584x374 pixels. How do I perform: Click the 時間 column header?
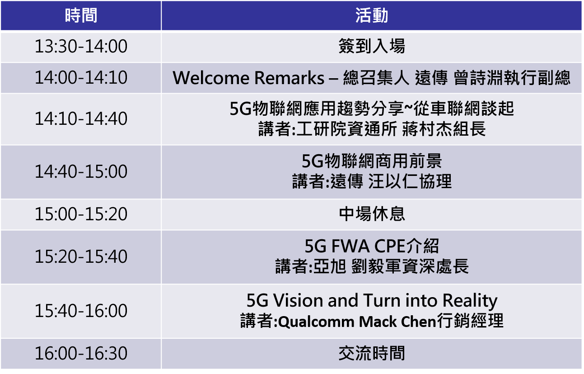coord(81,15)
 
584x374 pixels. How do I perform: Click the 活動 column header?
coord(372,15)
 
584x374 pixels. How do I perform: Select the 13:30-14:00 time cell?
coord(81,47)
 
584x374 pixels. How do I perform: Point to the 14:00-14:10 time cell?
coord(81,77)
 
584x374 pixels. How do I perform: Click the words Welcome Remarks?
coord(248,78)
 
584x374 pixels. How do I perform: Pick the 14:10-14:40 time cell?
coord(81,119)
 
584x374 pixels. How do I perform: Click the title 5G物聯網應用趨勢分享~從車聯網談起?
coord(372,109)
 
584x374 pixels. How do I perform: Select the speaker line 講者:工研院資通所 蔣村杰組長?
coord(372,129)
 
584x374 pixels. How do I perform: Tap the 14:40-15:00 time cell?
coord(81,171)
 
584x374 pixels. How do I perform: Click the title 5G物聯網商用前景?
coord(372,161)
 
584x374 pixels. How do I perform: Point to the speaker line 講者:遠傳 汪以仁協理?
coord(372,181)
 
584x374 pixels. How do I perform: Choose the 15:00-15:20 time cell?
coord(81,214)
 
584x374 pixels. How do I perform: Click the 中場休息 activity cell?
coord(372,214)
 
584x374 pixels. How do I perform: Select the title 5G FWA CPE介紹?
coord(372,246)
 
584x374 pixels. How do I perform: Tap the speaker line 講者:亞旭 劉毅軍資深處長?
coord(372,266)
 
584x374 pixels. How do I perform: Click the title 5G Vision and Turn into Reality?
coord(372,301)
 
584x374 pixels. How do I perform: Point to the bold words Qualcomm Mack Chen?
coord(357,322)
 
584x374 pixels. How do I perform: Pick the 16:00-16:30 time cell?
coord(81,353)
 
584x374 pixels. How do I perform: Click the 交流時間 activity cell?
coord(372,353)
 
